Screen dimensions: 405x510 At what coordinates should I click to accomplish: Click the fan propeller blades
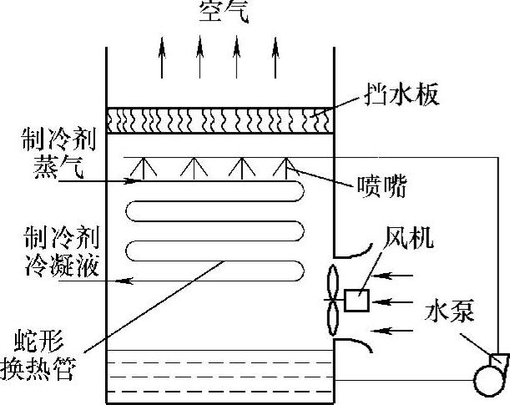[x=332, y=299]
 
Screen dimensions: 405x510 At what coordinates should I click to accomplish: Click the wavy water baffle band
[x=220, y=120]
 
